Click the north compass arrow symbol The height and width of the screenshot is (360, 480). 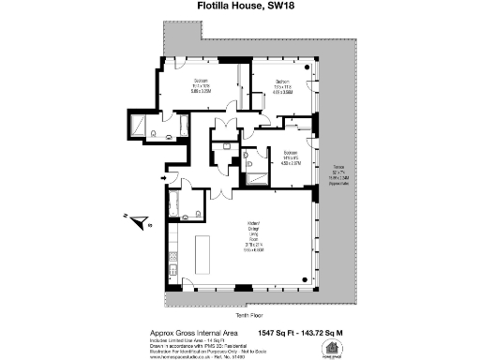click(x=138, y=222)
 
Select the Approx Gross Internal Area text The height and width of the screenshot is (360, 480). click(x=195, y=332)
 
